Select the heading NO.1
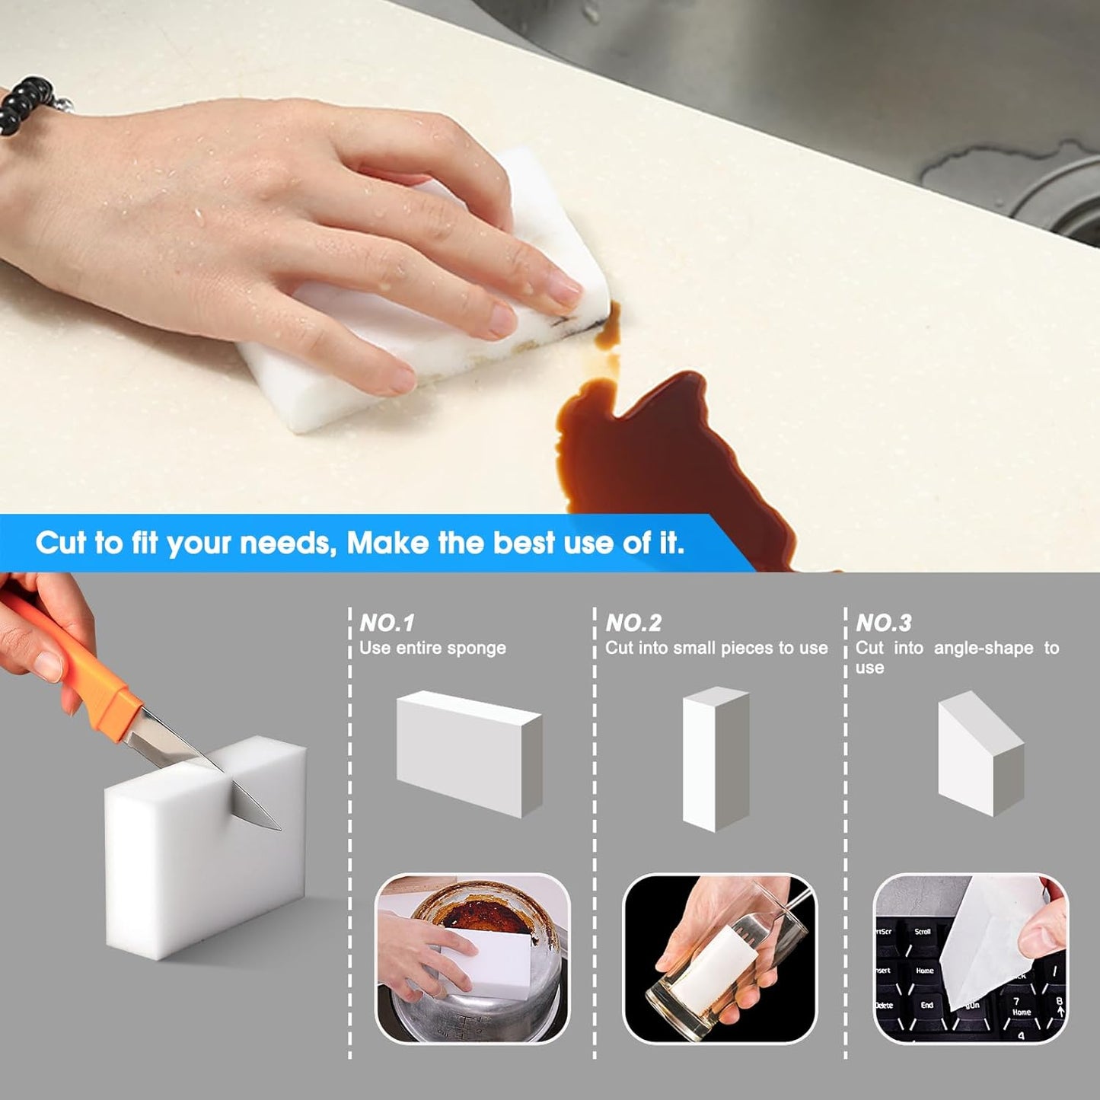click(387, 623)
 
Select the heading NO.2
click(633, 623)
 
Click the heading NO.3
click(883, 623)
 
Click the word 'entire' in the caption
click(417, 649)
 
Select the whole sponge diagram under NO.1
click(468, 754)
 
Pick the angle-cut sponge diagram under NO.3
click(980, 754)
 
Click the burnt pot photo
click(472, 958)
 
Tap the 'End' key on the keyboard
click(926, 1006)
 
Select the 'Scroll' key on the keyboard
click(923, 932)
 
